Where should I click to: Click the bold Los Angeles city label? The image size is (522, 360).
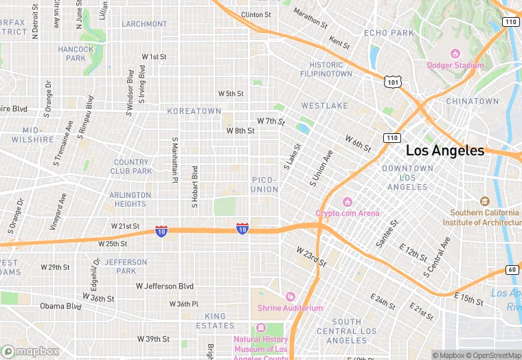point(444,150)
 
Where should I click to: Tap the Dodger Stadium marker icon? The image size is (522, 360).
point(454,54)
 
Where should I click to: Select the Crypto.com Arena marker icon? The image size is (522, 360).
point(348,201)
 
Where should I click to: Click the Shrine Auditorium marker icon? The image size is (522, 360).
point(290,297)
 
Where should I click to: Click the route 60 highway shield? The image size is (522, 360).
point(512,269)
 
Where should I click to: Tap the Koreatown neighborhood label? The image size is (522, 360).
point(196,111)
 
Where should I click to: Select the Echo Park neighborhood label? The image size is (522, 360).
point(389,33)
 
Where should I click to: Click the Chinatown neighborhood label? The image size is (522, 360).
point(473,101)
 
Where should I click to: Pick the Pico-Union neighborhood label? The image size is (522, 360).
point(264,184)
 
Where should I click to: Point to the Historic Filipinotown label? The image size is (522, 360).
point(326,69)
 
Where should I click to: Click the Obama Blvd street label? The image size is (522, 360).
point(60,306)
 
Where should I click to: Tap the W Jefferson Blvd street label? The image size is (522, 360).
point(165,286)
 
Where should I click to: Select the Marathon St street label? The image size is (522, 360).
point(310,18)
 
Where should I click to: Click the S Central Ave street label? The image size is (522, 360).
point(436,257)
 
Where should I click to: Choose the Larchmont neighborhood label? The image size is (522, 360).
point(144,24)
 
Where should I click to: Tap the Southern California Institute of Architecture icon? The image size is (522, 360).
point(485,201)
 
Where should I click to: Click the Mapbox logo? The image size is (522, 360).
point(30,351)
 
